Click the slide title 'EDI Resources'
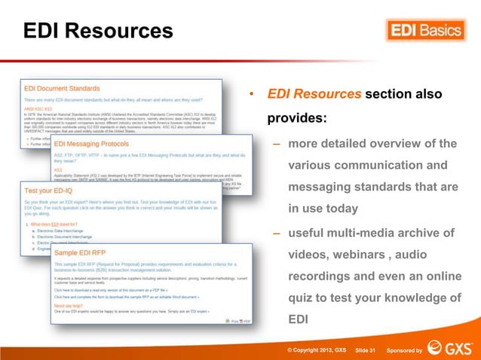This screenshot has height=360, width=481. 98,32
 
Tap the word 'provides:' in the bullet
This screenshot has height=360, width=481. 298,119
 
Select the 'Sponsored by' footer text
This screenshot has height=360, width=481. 403,350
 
